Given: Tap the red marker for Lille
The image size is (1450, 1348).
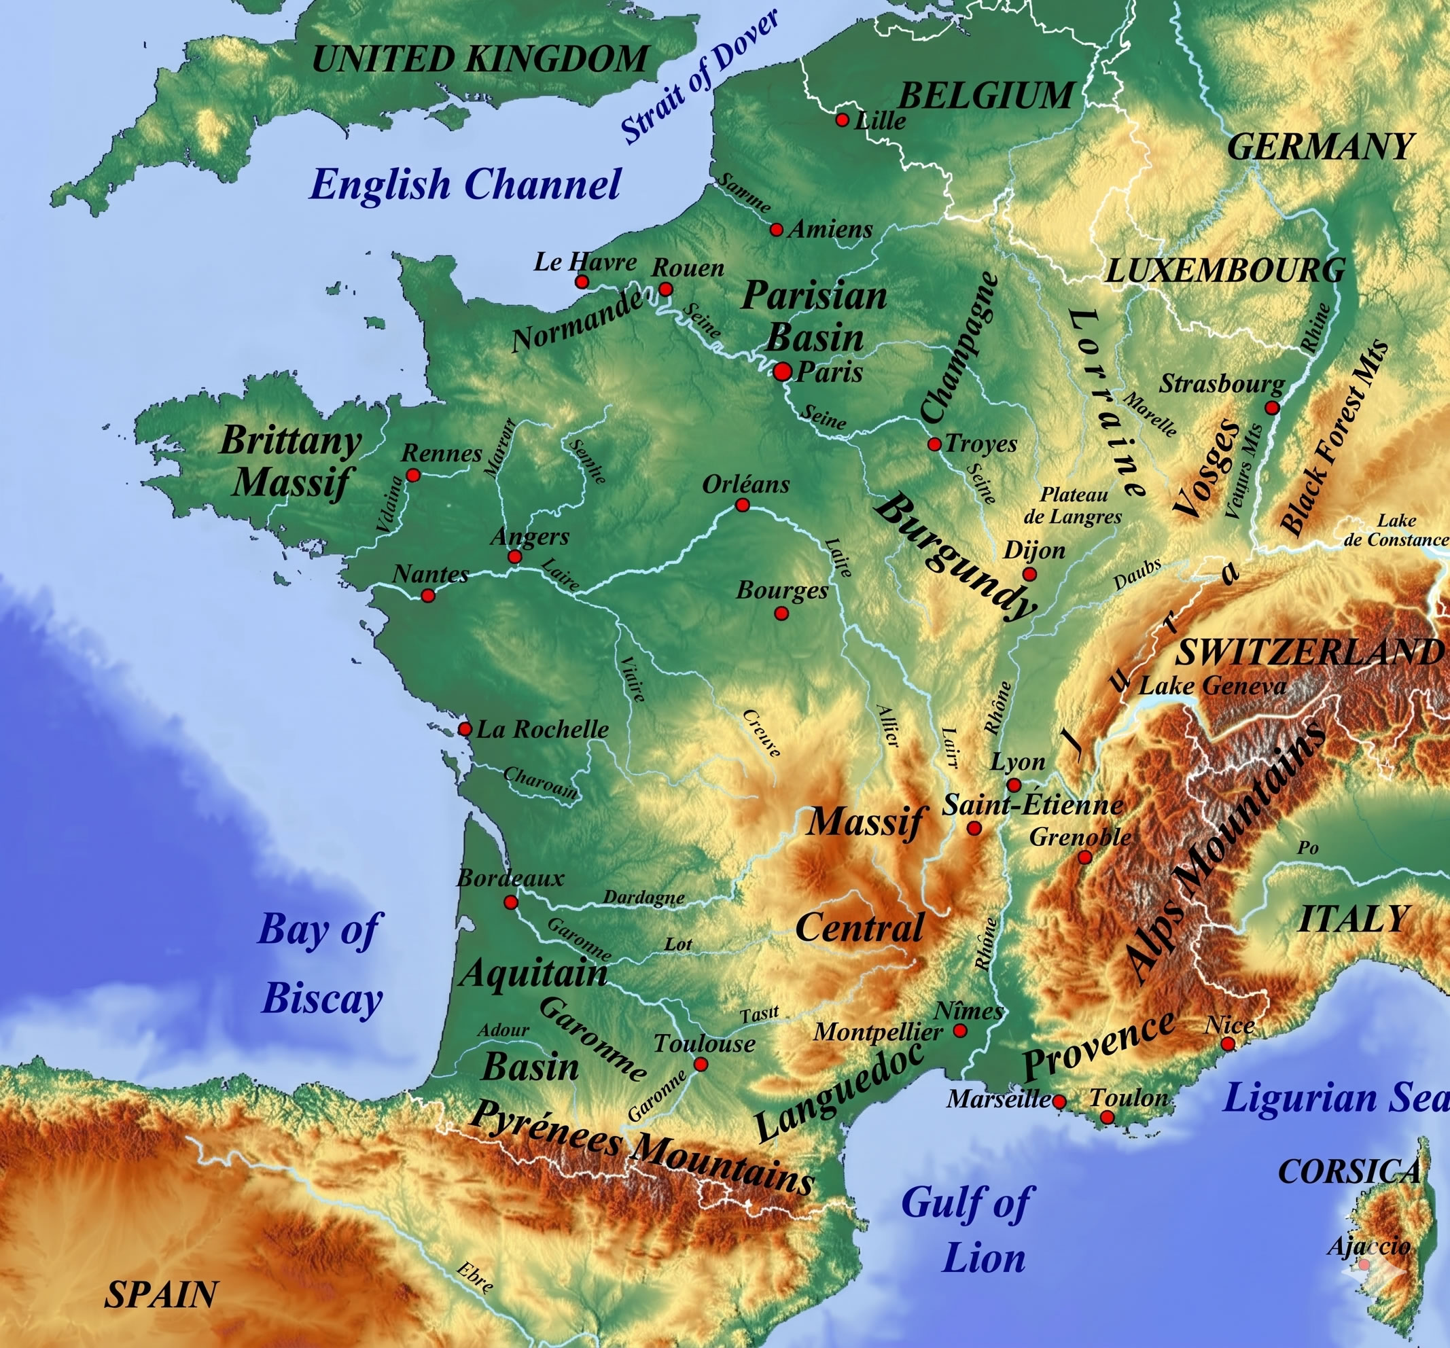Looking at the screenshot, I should point(843,120).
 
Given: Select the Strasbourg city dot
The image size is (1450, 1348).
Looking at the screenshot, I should point(1272,407).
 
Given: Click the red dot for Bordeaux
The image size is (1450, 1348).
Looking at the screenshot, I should point(511,902).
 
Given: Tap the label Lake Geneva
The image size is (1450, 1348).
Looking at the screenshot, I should point(1213,686).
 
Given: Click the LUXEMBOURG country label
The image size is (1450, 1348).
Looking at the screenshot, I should point(1225,271).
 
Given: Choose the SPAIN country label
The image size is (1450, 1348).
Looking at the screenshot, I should point(161,1295).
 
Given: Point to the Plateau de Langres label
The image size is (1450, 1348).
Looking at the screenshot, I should point(1073,505).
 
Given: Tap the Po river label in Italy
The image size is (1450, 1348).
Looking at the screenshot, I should point(1308,848).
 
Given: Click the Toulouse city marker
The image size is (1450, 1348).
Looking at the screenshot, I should point(701,1064).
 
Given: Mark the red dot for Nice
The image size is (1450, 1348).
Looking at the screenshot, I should point(1228,1044).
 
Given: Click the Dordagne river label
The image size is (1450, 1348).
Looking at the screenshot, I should point(644,898).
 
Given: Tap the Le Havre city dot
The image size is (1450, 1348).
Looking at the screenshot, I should point(582,281).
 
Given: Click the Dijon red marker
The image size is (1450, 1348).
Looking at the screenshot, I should point(1030,574).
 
